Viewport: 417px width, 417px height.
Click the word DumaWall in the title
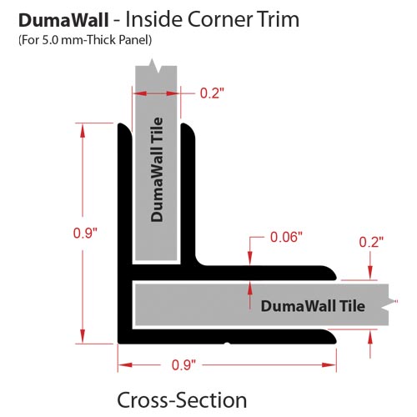click(63, 20)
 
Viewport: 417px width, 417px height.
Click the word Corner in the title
click(220, 19)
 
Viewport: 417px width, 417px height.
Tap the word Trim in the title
click(278, 19)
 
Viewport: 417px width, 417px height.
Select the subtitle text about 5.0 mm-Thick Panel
click(85, 40)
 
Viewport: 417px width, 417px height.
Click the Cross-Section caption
click(182, 400)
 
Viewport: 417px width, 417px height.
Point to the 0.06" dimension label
click(286, 237)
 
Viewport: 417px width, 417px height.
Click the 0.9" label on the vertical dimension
click(85, 233)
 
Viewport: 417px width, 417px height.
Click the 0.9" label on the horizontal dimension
click(183, 364)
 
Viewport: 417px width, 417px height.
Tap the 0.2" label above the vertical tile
click(212, 93)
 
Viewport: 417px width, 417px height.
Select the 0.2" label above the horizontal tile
click(371, 242)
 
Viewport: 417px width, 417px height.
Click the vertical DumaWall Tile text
click(157, 170)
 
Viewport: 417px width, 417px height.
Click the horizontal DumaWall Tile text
click(313, 306)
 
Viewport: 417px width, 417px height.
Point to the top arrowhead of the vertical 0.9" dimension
click(83, 130)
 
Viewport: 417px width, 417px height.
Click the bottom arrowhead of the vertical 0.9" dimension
click(83, 336)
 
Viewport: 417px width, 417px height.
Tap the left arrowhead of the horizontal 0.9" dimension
click(125, 364)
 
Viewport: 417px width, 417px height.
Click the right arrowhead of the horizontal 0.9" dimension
click(329, 364)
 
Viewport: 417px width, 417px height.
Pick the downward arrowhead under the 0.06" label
click(250, 258)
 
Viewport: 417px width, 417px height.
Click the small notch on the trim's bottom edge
click(227, 344)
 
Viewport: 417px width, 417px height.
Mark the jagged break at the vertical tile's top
click(156, 66)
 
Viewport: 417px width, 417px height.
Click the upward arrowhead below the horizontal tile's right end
click(370, 338)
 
